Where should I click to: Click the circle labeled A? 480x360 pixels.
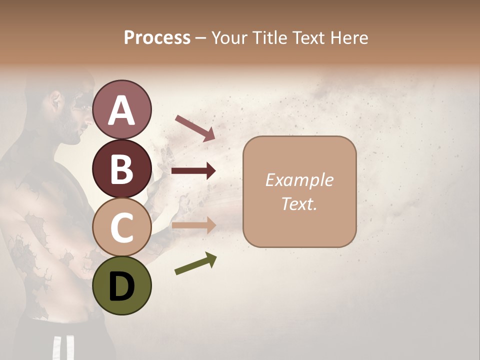[122, 110]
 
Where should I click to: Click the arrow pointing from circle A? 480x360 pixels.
[195, 128]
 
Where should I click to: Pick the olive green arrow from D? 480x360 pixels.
[195, 263]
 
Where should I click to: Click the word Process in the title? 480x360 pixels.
[157, 38]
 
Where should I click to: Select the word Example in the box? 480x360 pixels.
[299, 180]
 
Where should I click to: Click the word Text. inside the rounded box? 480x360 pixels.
[299, 203]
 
